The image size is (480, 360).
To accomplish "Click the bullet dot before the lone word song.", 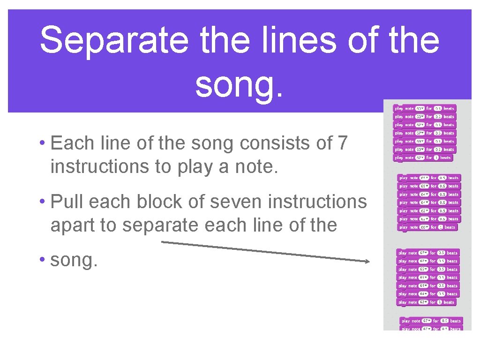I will pyautogui.click(x=42, y=261).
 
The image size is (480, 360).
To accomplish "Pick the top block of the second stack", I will pyautogui.click(x=428, y=178).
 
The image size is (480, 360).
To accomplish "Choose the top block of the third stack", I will pyautogui.click(x=427, y=253).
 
